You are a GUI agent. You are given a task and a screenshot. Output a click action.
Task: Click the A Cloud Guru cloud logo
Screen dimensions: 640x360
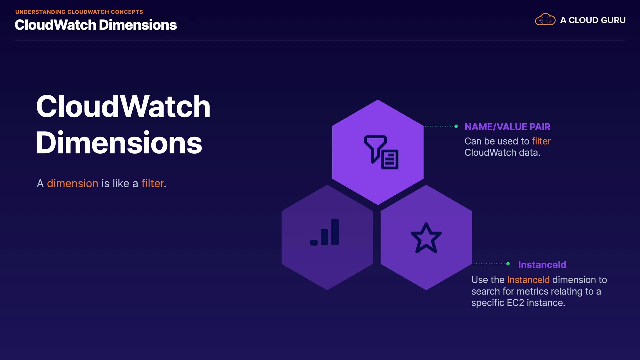click(x=545, y=20)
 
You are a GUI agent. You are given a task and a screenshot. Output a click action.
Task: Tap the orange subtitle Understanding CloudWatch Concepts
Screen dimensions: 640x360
click(x=79, y=12)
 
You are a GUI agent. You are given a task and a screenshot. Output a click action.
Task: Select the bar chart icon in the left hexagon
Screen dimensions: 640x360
click(x=324, y=232)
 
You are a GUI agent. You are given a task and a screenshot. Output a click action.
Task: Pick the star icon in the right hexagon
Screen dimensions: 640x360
click(x=426, y=238)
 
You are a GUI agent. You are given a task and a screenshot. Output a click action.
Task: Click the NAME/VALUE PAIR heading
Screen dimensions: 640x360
click(x=507, y=127)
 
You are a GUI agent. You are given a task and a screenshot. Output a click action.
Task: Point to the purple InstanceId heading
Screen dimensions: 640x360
click(x=542, y=265)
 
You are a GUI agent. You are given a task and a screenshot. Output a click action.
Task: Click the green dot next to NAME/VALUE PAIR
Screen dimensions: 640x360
click(x=456, y=126)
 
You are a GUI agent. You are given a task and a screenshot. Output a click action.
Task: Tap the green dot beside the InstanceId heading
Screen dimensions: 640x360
click(x=508, y=264)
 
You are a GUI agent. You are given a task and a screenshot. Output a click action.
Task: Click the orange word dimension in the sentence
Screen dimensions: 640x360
click(x=73, y=183)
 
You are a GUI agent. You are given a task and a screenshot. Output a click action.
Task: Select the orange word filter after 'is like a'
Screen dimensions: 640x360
click(x=153, y=183)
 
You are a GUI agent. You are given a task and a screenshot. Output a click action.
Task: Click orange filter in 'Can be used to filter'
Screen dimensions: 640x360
click(x=541, y=141)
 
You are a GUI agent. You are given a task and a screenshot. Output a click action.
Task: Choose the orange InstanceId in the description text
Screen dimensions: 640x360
click(x=528, y=280)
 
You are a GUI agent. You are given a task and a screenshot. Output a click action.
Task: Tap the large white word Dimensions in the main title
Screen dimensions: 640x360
click(x=119, y=143)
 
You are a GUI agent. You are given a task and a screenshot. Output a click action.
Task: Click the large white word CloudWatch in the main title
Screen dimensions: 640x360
click(x=123, y=106)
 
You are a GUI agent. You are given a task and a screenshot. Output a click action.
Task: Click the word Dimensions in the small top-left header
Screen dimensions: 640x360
click(x=138, y=25)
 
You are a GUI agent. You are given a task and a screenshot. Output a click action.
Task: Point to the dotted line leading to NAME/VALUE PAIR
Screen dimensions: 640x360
click(x=439, y=126)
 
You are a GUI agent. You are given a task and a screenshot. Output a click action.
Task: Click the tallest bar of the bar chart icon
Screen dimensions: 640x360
click(x=335, y=232)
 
